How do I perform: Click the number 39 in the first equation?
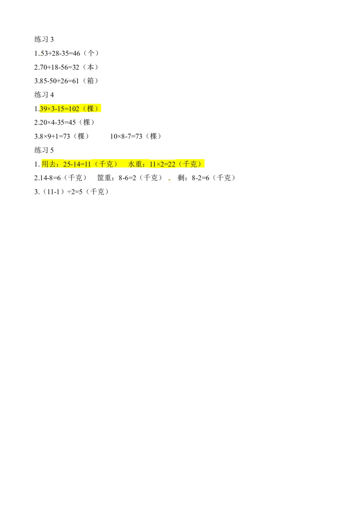pyautogui.click(x=44, y=108)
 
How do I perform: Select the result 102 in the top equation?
pyautogui.click(x=73, y=108)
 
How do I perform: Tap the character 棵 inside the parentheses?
pyautogui.click(x=90, y=108)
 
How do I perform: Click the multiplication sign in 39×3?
pyautogui.click(x=49, y=108)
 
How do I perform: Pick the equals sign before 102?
pyautogui.click(x=66, y=108)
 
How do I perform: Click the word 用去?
pyautogui.click(x=48, y=165)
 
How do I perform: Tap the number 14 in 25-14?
pyautogui.click(x=77, y=165)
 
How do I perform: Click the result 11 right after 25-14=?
pyautogui.click(x=88, y=165)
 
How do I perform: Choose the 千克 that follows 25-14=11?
pyautogui.click(x=106, y=165)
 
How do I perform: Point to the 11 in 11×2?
pyautogui.click(x=153, y=165)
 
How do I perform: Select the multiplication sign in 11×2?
pyautogui.click(x=159, y=165)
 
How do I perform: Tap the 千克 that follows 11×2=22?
pyautogui.click(x=189, y=165)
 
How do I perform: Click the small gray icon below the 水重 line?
pyautogui.click(x=169, y=180)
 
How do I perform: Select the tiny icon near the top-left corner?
pyautogui.click(x=40, y=56)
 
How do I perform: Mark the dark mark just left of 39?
pyautogui.click(x=38, y=108)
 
